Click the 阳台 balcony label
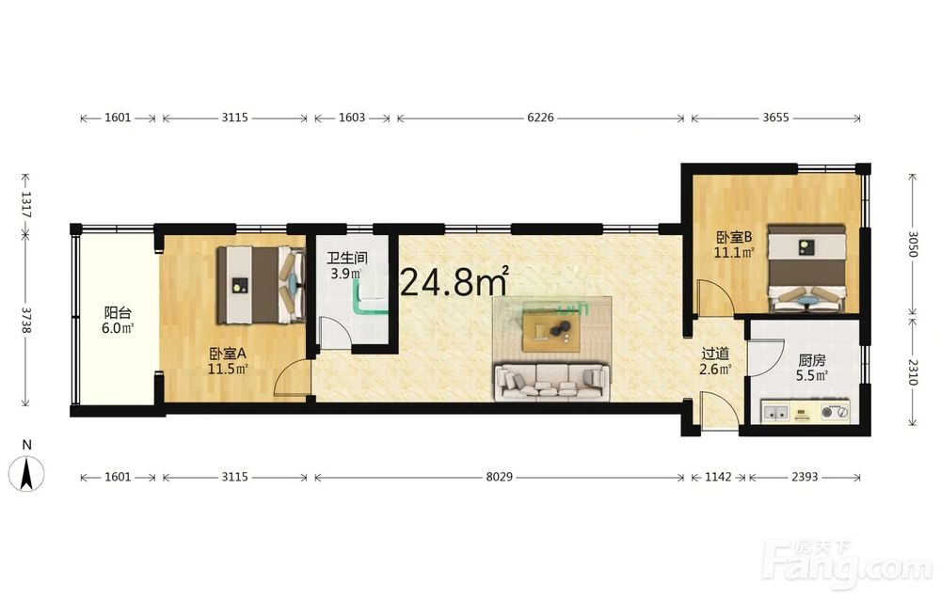pos(118,312)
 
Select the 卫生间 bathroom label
pos(347,259)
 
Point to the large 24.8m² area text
pos(455,281)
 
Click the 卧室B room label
pos(734,237)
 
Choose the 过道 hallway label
pos(715,354)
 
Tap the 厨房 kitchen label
pos(811,360)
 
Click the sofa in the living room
pos(551,382)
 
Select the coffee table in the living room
pos(550,332)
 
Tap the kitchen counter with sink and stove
pos(805,411)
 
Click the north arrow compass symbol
pos(25,473)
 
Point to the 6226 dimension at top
pos(540,118)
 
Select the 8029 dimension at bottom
pos(500,477)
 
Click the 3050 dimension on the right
pos(913,244)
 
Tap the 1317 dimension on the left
pos(25,204)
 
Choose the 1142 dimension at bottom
pos(718,477)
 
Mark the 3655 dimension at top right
pos(775,118)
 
